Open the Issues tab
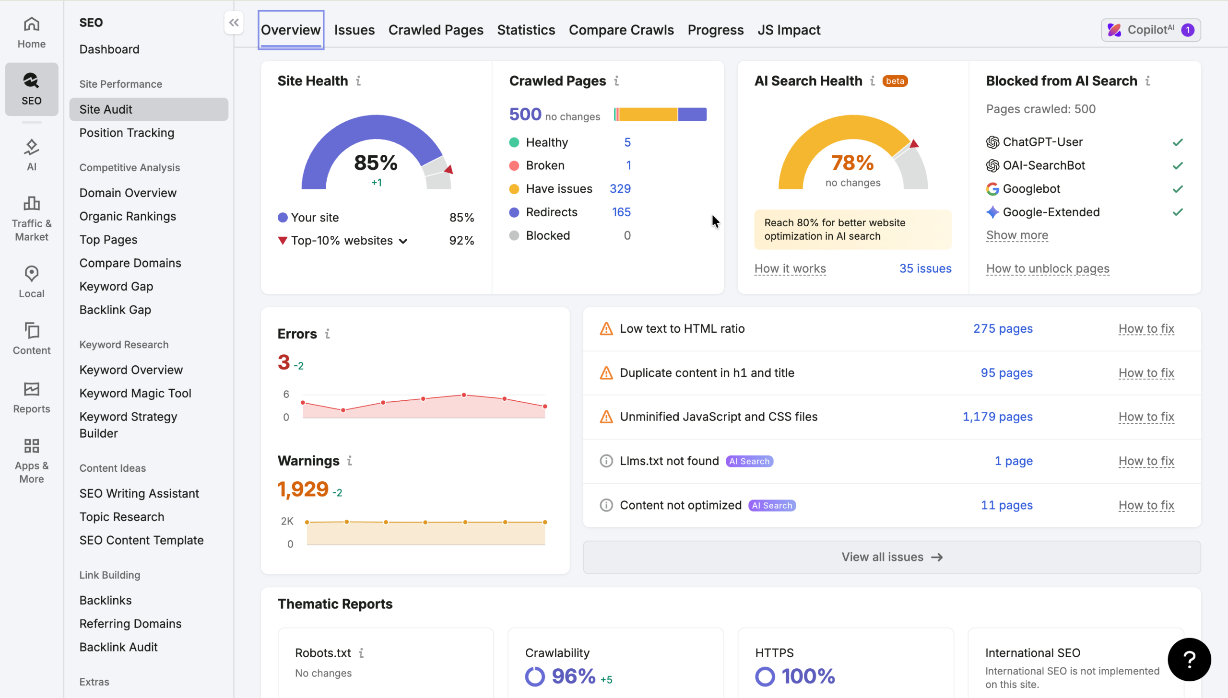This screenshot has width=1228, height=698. [354, 30]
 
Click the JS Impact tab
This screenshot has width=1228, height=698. [789, 30]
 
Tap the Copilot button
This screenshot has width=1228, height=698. [1151, 30]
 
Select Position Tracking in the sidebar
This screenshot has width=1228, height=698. [127, 133]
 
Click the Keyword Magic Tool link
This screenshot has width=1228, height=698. [135, 393]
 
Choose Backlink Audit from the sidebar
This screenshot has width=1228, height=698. [118, 647]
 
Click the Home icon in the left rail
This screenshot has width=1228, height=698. [32, 24]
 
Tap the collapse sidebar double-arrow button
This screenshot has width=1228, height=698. [234, 23]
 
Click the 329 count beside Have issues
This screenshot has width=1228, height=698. [620, 189]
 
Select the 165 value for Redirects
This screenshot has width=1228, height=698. [621, 212]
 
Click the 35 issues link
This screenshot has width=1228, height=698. [925, 268]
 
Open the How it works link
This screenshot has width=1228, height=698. [790, 268]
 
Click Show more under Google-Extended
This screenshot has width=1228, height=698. [1017, 235]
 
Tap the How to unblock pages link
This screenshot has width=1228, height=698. [1048, 268]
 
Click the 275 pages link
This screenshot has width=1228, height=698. [1003, 329]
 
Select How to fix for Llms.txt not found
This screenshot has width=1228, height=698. [1146, 461]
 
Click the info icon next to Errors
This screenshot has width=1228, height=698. [328, 334]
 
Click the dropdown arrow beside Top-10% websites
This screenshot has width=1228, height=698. [403, 241]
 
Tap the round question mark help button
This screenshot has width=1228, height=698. [1189, 660]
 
